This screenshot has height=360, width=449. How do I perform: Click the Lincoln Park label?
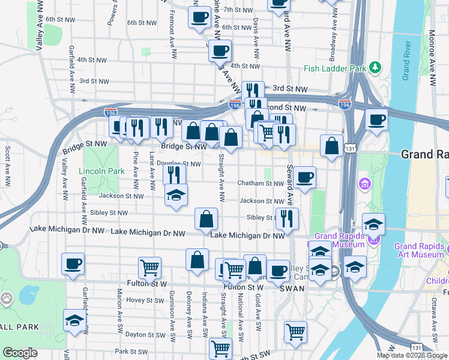pyautogui.click(x=102, y=171)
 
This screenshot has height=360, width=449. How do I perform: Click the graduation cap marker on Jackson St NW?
pyautogui.click(x=176, y=195)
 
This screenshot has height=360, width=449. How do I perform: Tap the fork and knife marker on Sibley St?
pyautogui.click(x=287, y=218)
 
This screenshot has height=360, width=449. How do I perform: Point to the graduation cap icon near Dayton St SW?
pyautogui.click(x=74, y=321)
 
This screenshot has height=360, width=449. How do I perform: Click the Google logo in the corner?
pyautogui.click(x=20, y=353)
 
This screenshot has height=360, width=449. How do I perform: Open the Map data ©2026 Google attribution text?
pyautogui.click(x=412, y=355)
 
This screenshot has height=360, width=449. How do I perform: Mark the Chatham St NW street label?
pyautogui.click(x=260, y=183)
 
